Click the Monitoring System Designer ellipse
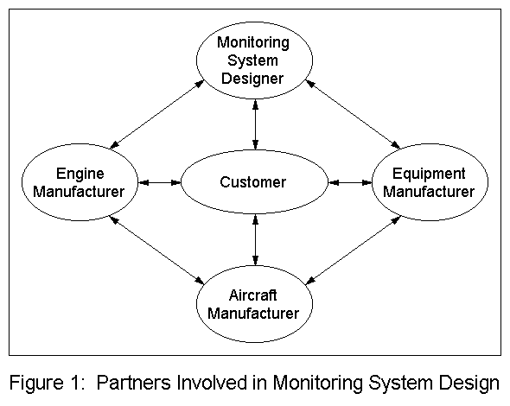pos(253,60)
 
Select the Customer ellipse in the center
pos(253,182)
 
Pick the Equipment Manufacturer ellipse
pos(430,182)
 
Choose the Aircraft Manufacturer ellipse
pos(253,303)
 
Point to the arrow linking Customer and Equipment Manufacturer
pos(349,182)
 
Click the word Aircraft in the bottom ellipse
pos(253,295)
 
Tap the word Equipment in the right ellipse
pos(430,174)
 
